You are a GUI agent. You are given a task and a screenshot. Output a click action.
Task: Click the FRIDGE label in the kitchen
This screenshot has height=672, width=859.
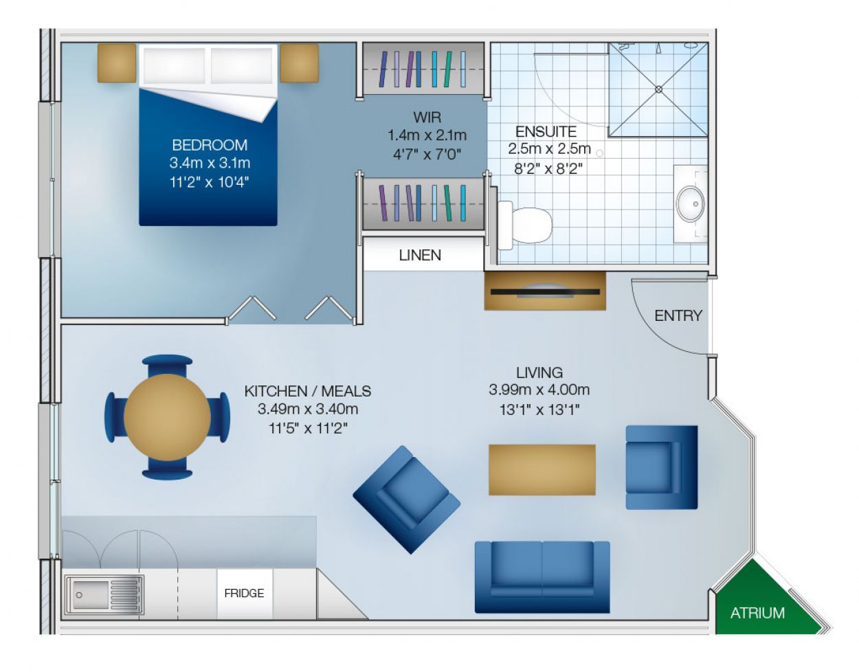(x=244, y=593)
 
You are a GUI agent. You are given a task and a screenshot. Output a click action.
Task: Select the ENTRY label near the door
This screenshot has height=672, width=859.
(x=678, y=315)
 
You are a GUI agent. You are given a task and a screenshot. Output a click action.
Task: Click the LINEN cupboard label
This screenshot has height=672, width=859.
(x=420, y=255)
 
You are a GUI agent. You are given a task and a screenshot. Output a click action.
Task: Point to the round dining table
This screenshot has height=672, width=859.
(x=167, y=417)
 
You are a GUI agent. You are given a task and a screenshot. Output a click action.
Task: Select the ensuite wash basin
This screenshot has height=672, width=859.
(x=690, y=204)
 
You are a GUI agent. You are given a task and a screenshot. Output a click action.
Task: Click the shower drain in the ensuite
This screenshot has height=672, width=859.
(x=658, y=89)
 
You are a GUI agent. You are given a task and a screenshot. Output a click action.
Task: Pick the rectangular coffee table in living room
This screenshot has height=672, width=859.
(x=542, y=469)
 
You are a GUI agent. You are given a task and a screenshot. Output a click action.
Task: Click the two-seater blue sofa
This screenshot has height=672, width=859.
(x=542, y=576)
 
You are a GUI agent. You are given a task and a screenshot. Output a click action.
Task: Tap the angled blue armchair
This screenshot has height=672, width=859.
(x=406, y=500)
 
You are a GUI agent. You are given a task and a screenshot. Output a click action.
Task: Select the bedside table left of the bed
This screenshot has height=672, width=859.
(x=116, y=63)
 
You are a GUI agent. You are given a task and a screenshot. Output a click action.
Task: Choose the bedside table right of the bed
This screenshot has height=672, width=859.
(x=299, y=63)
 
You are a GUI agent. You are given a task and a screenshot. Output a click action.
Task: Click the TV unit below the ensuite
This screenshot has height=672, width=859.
(x=545, y=291)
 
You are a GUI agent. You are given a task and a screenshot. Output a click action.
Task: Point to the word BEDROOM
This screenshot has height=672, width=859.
(x=210, y=145)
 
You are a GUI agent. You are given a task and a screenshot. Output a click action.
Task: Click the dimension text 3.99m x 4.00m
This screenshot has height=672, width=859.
(x=539, y=390)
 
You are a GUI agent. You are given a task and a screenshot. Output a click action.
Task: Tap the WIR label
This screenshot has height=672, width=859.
(x=427, y=117)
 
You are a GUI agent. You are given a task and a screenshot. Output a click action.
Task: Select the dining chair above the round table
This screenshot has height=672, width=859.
(x=167, y=363)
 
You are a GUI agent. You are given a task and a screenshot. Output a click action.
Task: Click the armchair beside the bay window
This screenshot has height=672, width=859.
(x=661, y=467)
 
